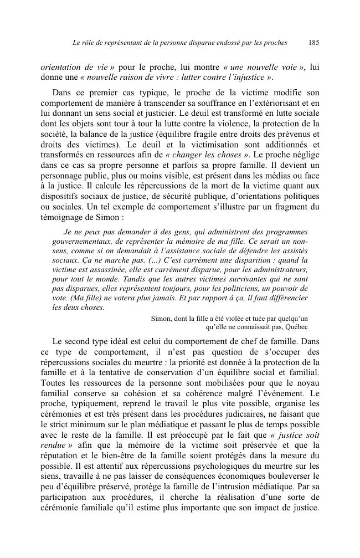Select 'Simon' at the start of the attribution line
pos(161,318)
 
